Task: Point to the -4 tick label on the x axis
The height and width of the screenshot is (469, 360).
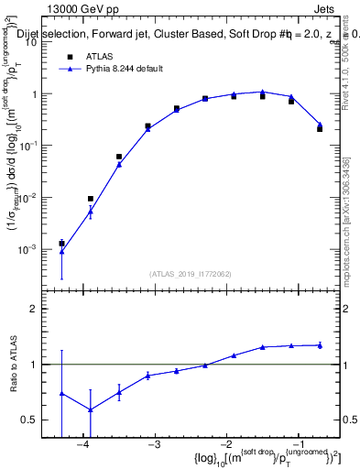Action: (x=83, y=444)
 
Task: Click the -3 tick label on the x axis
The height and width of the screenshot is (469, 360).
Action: (x=155, y=444)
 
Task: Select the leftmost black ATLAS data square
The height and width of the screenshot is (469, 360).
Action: (x=61, y=244)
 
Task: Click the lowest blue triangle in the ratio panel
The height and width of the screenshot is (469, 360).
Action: (x=91, y=409)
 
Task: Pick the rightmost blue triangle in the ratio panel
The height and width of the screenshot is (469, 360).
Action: (x=320, y=345)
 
